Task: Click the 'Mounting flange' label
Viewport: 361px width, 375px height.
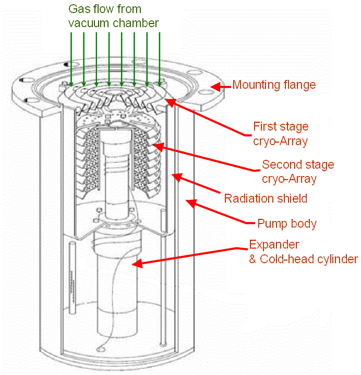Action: (x=274, y=84)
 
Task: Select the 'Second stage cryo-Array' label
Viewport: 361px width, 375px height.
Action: (x=297, y=171)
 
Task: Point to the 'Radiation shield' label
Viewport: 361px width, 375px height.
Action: (x=266, y=198)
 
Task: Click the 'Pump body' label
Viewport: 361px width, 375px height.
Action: (x=287, y=224)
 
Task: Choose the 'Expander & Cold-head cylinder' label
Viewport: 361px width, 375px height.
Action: (x=303, y=251)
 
